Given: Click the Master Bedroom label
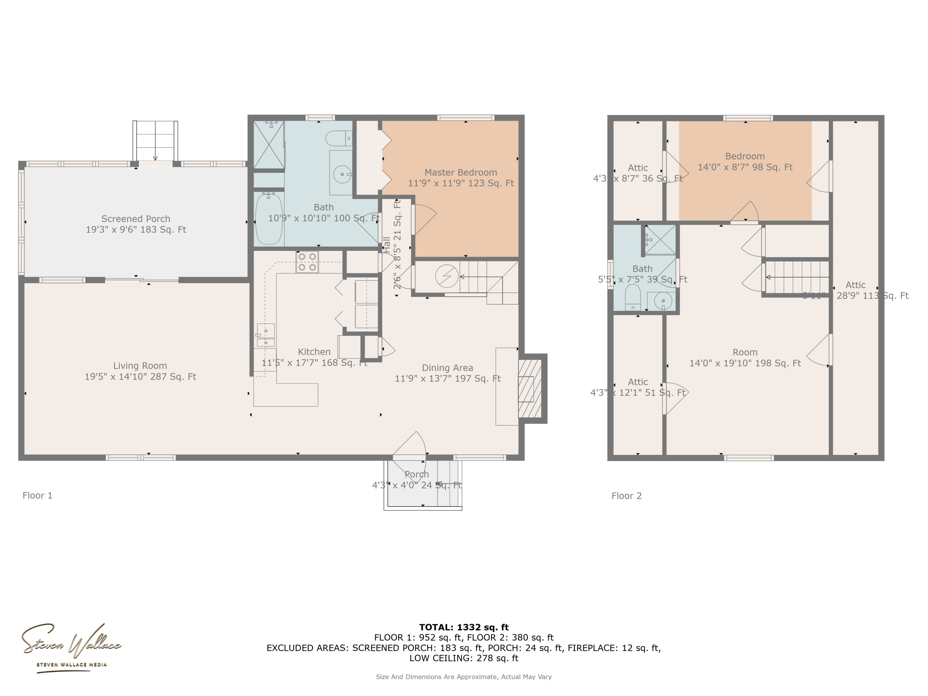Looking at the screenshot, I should click(x=461, y=172).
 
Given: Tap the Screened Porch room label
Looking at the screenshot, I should click(x=135, y=219).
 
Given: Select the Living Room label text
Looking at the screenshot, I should click(x=140, y=366).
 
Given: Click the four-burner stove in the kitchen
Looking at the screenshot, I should click(x=307, y=262).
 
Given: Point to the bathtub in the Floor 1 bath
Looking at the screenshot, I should click(x=269, y=219).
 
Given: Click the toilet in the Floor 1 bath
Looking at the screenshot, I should click(x=338, y=138).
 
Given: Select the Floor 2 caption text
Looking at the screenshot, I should click(x=626, y=496).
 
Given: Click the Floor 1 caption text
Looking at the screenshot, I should click(x=37, y=496).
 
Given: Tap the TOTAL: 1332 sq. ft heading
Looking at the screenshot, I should click(x=464, y=627).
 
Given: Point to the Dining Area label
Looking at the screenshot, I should click(x=447, y=368).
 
